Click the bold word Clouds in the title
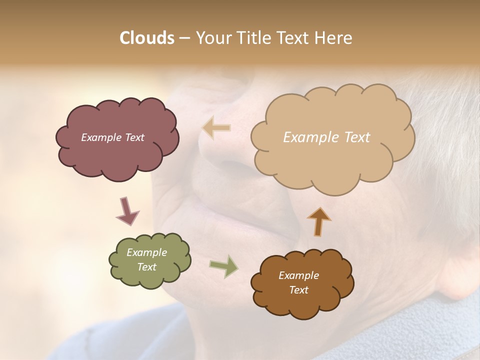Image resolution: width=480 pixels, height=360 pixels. (x=147, y=38)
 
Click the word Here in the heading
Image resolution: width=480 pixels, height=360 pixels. (x=334, y=38)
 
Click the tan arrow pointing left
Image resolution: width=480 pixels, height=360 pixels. (x=216, y=128)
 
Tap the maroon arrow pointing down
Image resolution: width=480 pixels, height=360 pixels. (x=127, y=211)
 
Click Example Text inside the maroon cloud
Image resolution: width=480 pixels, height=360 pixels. (x=112, y=137)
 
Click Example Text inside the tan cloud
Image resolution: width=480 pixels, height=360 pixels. (x=326, y=137)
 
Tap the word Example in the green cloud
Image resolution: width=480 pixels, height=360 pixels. (x=146, y=252)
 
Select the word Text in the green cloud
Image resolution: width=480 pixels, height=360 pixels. (x=146, y=267)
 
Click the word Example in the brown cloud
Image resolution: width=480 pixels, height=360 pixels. (x=298, y=275)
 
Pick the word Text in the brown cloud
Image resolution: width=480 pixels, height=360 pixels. (x=298, y=290)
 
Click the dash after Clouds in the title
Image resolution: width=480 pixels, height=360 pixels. (x=184, y=38)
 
